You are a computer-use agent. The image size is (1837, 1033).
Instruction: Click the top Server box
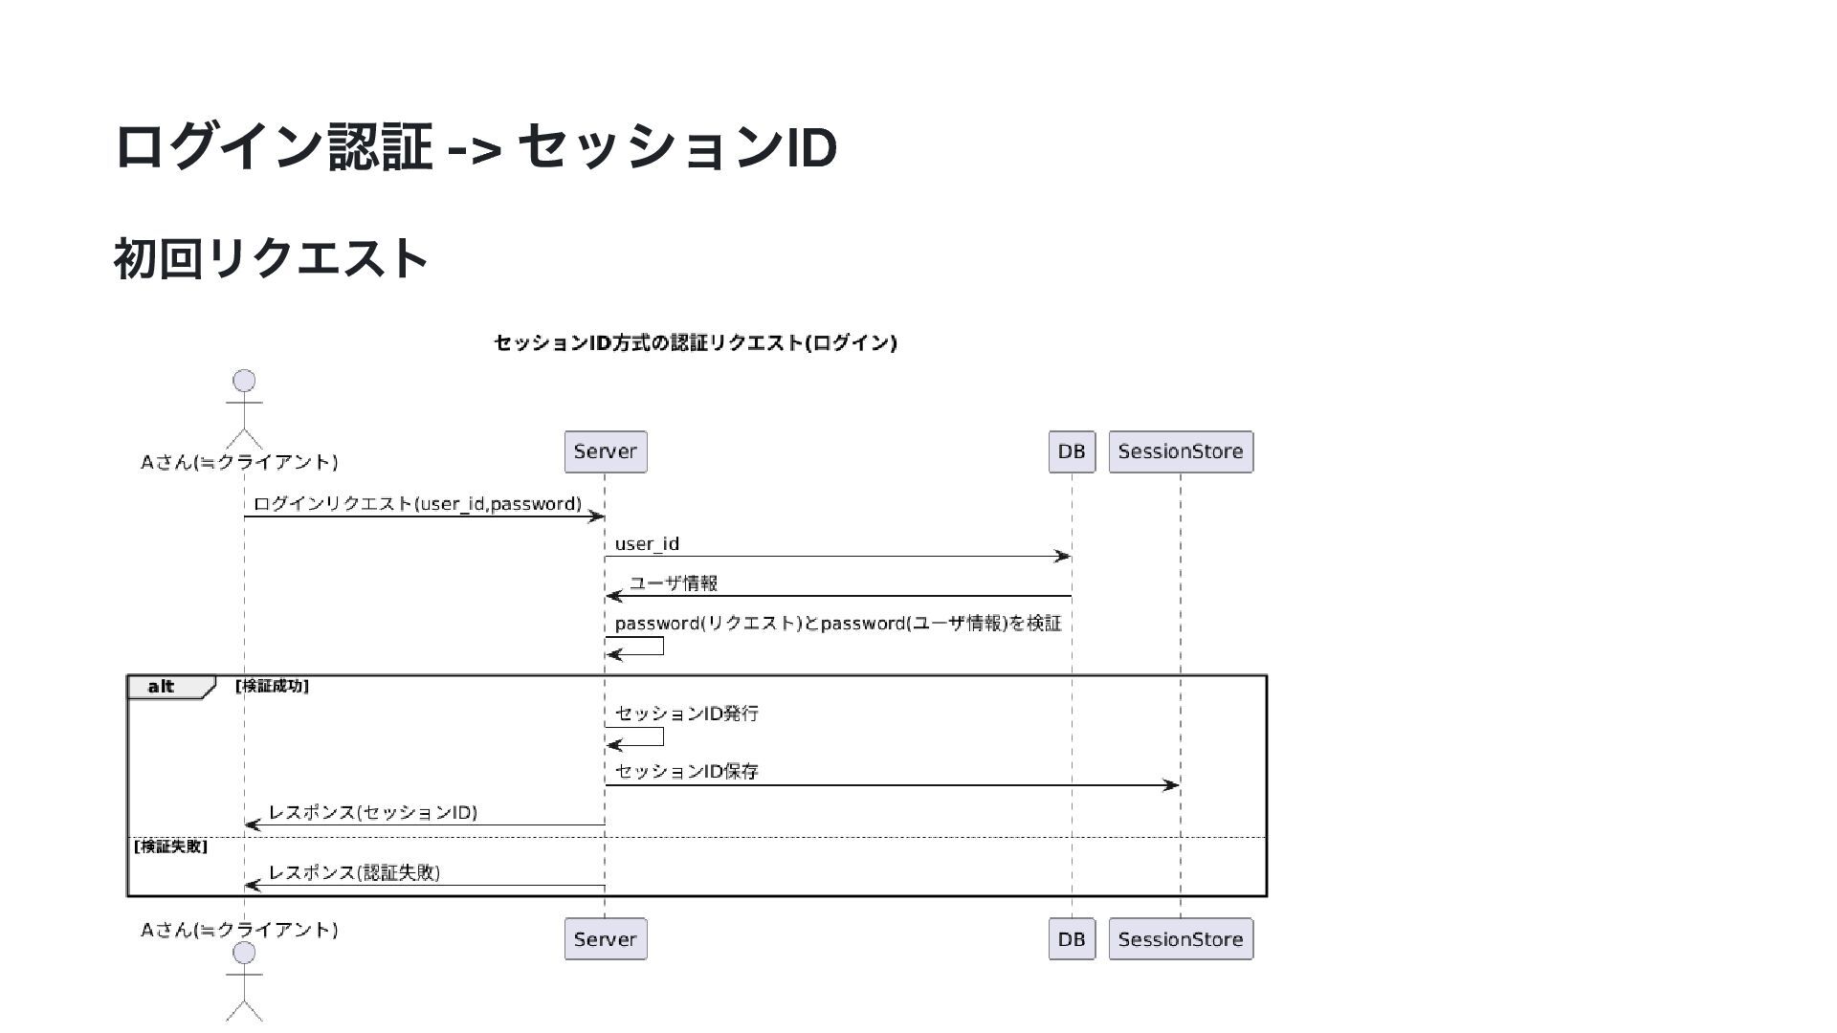[605, 451]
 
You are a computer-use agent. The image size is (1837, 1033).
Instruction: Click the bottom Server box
[605, 939]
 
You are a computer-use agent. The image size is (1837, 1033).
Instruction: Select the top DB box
[1071, 451]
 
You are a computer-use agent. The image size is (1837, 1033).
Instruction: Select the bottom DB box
[1071, 939]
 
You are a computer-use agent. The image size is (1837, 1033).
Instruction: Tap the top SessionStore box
[1180, 451]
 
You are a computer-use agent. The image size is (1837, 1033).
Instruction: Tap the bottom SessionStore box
[1180, 939]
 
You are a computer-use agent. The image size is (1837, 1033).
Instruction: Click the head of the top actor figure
[244, 381]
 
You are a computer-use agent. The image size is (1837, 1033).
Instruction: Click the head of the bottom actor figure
[244, 953]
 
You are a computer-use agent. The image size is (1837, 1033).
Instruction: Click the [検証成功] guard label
[272, 686]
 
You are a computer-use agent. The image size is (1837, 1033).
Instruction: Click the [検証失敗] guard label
[170, 846]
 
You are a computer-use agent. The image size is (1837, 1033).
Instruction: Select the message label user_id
[647, 544]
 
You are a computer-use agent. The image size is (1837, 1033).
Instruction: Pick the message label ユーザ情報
[673, 583]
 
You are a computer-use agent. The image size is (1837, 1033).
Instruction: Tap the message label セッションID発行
[686, 714]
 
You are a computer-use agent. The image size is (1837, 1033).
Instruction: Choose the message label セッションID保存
[686, 772]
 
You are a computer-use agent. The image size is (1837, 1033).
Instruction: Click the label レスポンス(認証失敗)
[354, 872]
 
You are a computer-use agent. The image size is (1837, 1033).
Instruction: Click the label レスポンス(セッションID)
[372, 813]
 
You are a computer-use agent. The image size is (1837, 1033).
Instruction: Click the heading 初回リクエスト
[271, 258]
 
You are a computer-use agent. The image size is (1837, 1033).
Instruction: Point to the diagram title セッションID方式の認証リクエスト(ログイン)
[696, 342]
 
